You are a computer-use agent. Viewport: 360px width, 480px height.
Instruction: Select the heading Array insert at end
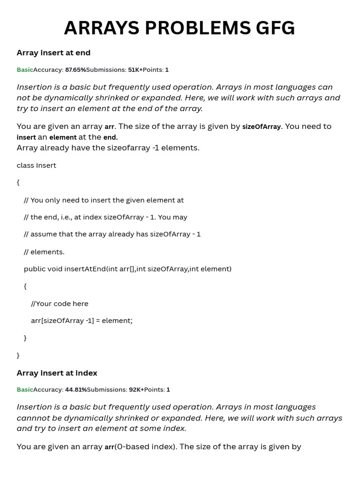point(53,52)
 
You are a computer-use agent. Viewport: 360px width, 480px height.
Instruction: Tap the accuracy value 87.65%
point(75,70)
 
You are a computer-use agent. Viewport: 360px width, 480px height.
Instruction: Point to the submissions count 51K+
point(135,70)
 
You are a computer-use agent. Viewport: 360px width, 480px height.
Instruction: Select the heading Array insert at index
point(57,373)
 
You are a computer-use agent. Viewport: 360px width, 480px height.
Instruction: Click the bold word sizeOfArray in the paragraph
point(261,127)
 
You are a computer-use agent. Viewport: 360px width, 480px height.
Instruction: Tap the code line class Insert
point(36,165)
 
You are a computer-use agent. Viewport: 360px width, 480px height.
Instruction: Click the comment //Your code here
point(60,303)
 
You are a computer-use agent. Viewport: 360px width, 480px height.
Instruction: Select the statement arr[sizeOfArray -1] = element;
point(82,321)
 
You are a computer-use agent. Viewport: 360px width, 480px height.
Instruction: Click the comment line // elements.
point(44,252)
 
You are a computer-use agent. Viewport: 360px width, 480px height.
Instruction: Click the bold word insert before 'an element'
point(26,137)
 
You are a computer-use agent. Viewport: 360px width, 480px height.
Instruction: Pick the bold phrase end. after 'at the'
point(110,137)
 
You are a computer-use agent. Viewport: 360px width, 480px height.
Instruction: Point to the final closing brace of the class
point(18,355)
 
